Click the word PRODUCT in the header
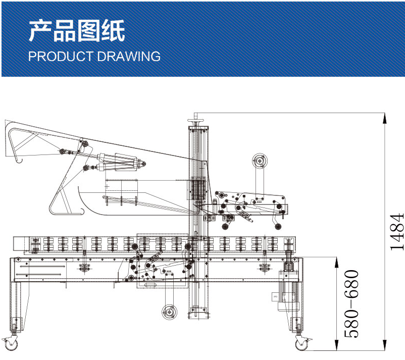click(59, 56)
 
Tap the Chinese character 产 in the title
click(40, 31)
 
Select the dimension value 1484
click(397, 232)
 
